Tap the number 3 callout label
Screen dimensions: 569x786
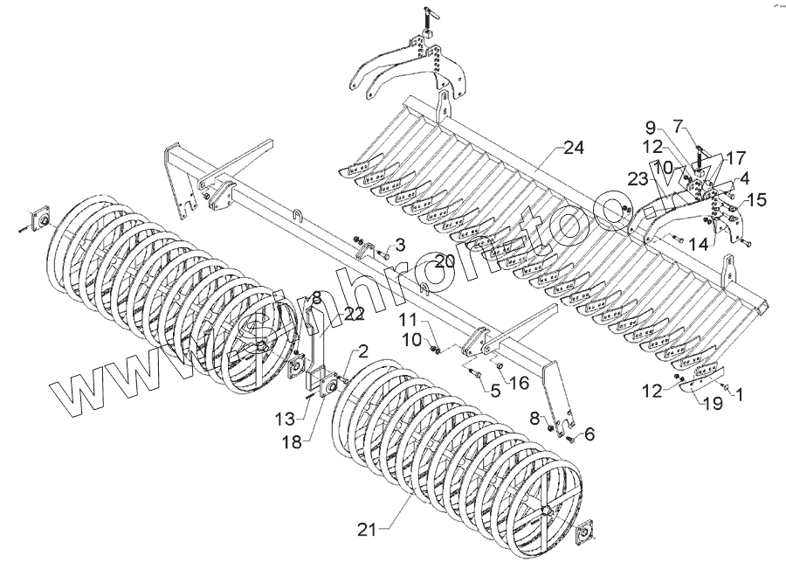[400, 242]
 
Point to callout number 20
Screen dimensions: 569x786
[445, 260]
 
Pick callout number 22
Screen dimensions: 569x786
[353, 314]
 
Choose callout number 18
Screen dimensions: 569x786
[291, 442]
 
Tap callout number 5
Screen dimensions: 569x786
[494, 391]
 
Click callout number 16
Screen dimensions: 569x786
[518, 382]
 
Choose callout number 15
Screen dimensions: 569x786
[755, 200]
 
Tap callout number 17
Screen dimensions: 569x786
[735, 159]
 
